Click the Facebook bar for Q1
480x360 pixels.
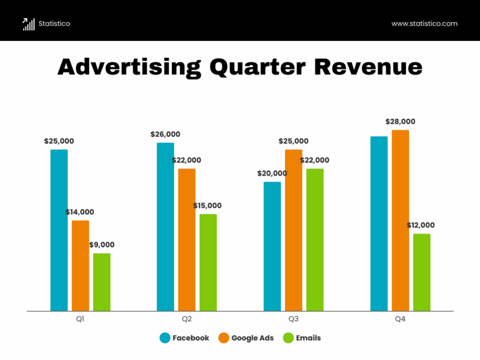point(59,230)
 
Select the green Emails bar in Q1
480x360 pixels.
point(101,282)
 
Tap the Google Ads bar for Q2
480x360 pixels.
point(187,240)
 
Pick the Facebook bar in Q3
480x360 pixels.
point(272,247)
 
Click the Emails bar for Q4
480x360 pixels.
point(422,272)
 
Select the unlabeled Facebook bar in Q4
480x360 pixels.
point(379,224)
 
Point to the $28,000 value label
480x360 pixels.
point(400,122)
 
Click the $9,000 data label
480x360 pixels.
point(101,245)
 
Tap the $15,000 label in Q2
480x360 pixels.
point(207,206)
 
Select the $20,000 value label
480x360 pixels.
point(272,173)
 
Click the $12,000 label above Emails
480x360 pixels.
point(421,225)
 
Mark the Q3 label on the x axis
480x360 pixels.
point(293,319)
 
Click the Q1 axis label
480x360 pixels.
point(80,319)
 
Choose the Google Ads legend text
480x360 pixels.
point(253,338)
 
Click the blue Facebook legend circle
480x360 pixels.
point(165,338)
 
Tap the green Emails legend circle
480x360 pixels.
point(288,338)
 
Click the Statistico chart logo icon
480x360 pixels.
point(28,23)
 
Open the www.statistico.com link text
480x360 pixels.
point(424,23)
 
